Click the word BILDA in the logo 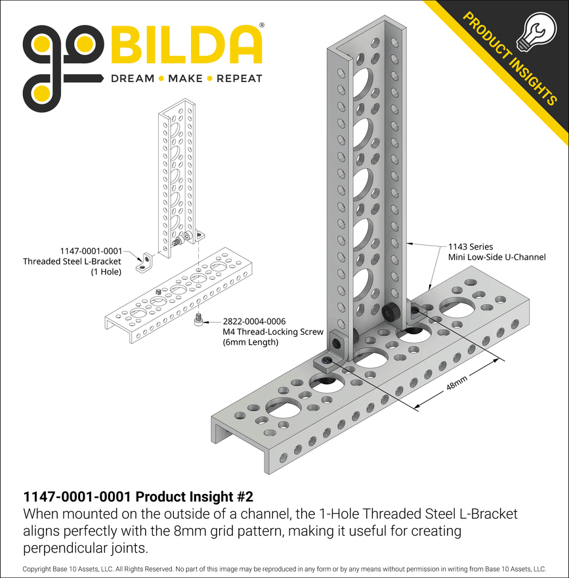tap(188, 45)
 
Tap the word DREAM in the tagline tap(133, 79)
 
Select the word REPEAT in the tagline tap(240, 79)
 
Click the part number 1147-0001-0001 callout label tap(91, 251)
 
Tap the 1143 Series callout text tap(470, 246)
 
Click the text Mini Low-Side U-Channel tap(497, 257)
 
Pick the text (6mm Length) tap(251, 342)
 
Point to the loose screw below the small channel tap(198, 321)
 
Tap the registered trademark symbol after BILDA tap(263, 26)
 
